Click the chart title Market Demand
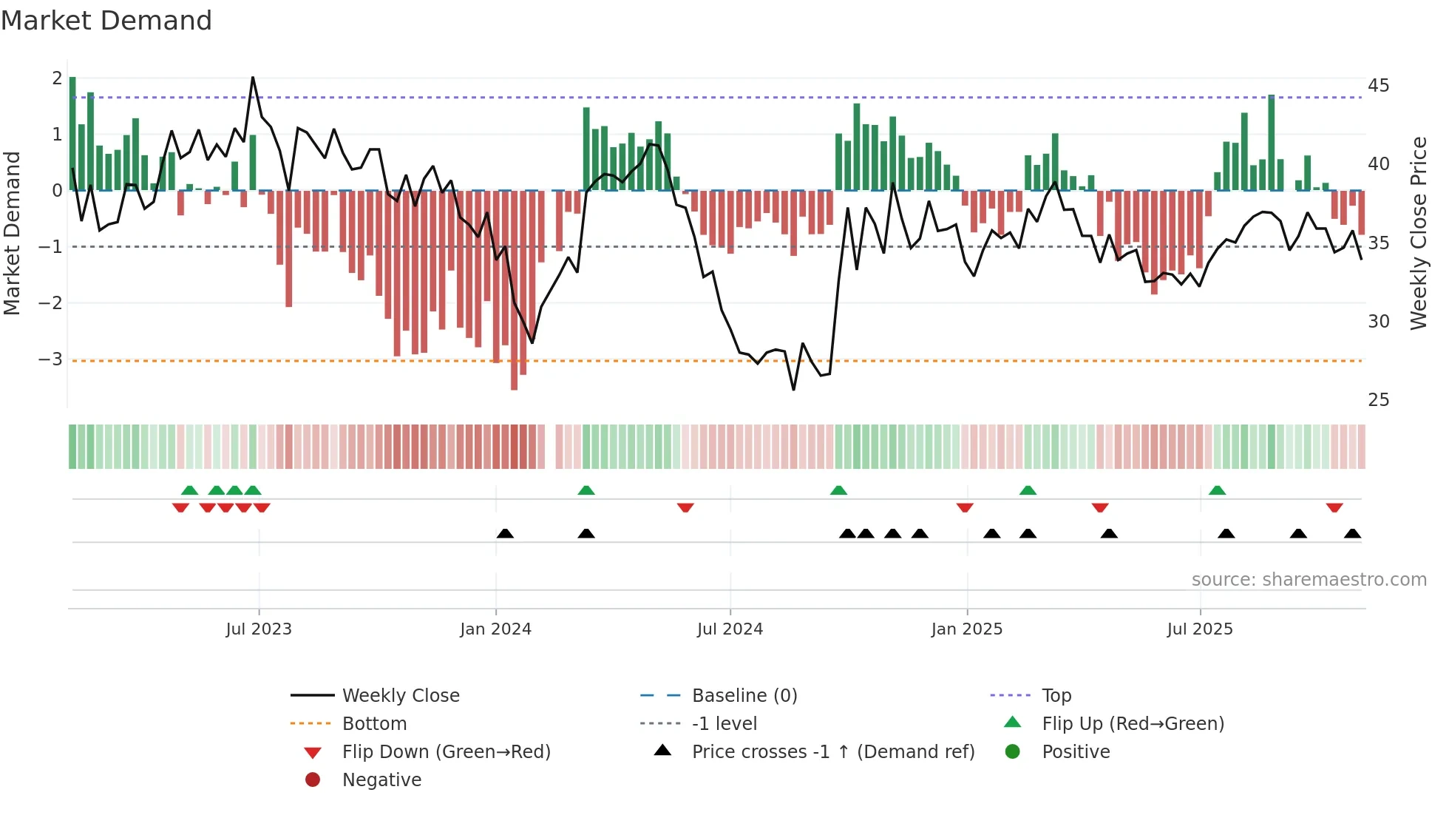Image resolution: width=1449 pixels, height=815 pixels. (106, 21)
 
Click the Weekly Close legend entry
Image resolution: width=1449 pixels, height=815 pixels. (400, 695)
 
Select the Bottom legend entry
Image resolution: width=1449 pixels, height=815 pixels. (374, 723)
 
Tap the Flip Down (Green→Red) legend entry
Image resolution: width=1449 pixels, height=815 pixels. (446, 751)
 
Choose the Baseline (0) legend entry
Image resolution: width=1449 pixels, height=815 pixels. (744, 695)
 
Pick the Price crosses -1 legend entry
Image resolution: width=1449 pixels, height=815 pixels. (832, 751)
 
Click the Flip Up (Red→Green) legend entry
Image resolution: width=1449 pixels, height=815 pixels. (1133, 723)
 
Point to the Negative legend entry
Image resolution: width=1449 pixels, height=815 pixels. (381, 780)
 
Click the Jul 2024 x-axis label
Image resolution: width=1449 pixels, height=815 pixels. (730, 629)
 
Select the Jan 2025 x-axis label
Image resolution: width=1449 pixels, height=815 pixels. (966, 629)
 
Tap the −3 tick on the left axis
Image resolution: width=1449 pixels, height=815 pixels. (50, 359)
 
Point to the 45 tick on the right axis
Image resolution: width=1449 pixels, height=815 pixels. (1378, 85)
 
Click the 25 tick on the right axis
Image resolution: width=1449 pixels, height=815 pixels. (1378, 399)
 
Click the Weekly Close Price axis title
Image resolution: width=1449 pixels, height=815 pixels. (1418, 233)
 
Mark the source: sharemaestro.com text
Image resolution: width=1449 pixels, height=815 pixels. (1309, 579)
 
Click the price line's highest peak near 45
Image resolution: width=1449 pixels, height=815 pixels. (253, 78)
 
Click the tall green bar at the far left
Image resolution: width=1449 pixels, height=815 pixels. (72, 133)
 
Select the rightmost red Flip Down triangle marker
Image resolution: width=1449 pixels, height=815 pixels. (1334, 507)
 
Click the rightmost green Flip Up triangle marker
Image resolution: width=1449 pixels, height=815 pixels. (1217, 490)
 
